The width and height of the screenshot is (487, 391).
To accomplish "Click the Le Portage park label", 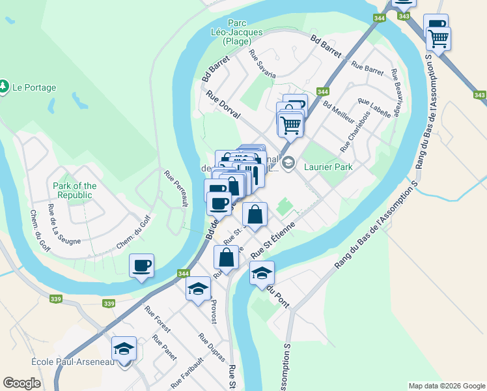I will click(x=34, y=87).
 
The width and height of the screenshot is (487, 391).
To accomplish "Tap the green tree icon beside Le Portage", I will click(x=4, y=86).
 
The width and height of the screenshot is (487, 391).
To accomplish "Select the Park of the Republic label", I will click(x=74, y=190).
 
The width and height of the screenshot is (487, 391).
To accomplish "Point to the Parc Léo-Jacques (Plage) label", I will click(x=236, y=31).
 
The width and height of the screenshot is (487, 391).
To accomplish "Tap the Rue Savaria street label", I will click(x=263, y=65).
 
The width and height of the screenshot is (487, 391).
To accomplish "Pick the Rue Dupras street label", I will click(x=212, y=347).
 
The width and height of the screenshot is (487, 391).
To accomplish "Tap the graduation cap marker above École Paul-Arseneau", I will click(x=124, y=349).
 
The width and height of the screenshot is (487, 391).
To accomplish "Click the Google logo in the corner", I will click(x=21, y=383).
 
